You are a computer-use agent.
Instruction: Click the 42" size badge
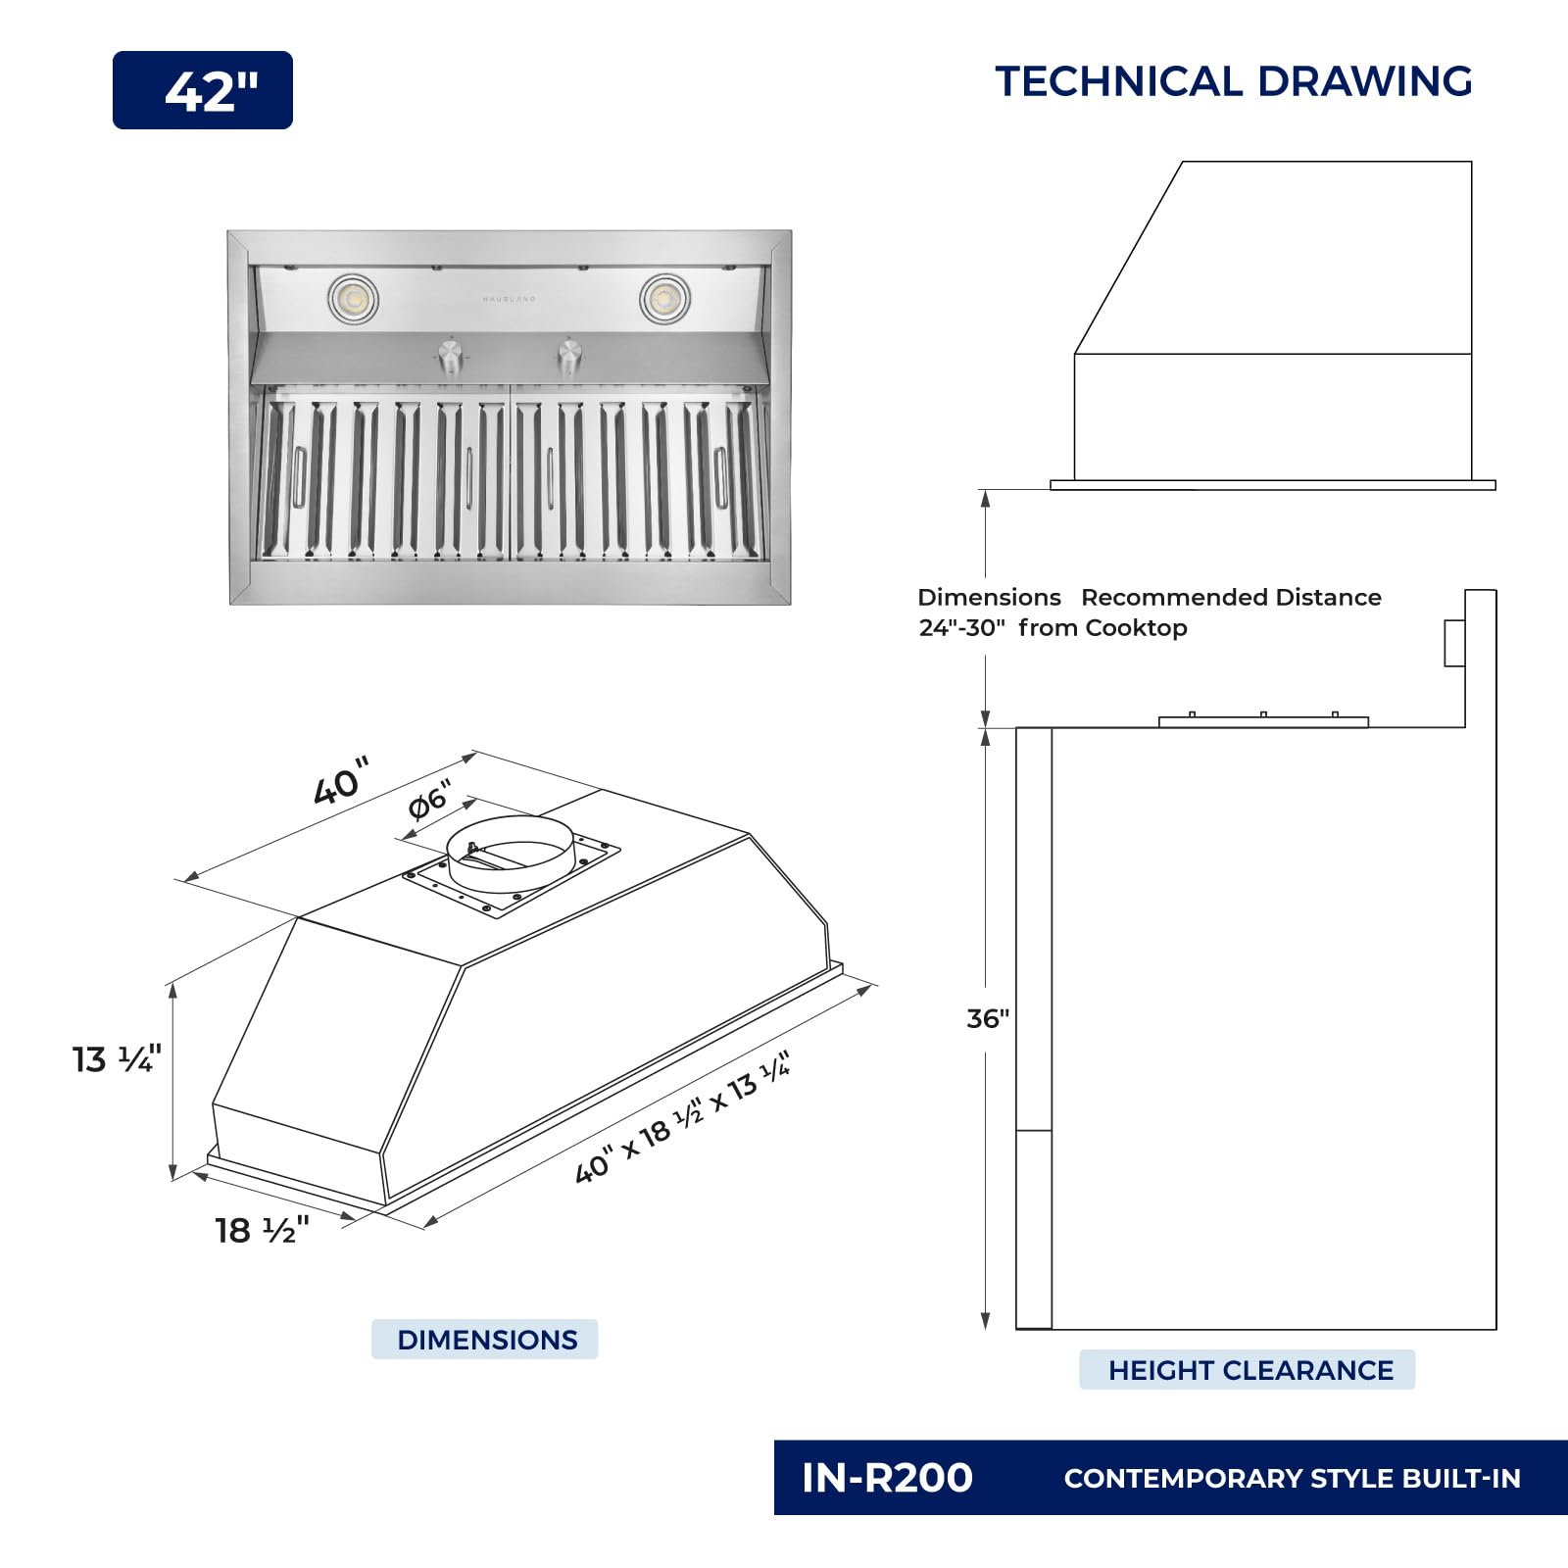pyautogui.click(x=203, y=90)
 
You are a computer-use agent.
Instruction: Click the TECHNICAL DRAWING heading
pyautogui.click(x=1234, y=81)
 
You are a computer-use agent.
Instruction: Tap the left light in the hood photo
pyautogui.click(x=353, y=298)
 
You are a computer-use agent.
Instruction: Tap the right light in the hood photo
pyautogui.click(x=664, y=298)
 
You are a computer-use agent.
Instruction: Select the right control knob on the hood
pyautogui.click(x=569, y=357)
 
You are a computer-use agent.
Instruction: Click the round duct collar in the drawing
pyautogui.click(x=510, y=854)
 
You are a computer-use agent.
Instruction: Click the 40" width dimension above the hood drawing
pyautogui.click(x=341, y=781)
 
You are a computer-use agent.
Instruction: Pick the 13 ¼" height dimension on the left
pyautogui.click(x=117, y=1058)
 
